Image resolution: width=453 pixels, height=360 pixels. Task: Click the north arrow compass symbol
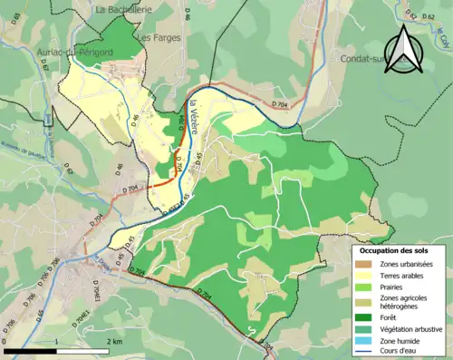[x=405, y=51]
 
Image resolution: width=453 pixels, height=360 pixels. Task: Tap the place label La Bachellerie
[x=125, y=8]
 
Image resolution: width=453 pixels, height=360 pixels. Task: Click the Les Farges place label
[x=160, y=38]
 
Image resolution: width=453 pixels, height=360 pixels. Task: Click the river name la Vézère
[x=193, y=122]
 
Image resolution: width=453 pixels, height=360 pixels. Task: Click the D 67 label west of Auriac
[x=43, y=70]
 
